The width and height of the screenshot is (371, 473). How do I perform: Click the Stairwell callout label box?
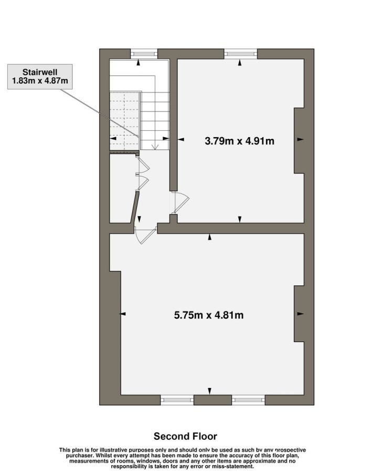[x=40, y=77]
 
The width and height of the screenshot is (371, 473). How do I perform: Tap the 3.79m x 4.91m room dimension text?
[x=239, y=141]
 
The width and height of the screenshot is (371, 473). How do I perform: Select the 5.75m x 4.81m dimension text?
[x=209, y=315]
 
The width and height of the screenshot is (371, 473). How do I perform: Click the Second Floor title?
[x=185, y=436]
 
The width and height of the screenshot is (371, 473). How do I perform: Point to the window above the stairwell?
[x=144, y=54]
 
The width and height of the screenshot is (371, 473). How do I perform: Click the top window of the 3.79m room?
[x=241, y=54]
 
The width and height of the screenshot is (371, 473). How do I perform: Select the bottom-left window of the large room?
[x=177, y=400]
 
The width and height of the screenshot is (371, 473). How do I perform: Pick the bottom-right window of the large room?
[x=248, y=400]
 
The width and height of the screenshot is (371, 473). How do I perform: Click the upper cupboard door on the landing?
[x=143, y=166]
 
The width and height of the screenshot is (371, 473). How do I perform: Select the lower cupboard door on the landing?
[x=143, y=182]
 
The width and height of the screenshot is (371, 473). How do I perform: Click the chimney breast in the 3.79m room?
[x=299, y=140]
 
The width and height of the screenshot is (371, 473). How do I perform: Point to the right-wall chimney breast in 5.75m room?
[x=299, y=314]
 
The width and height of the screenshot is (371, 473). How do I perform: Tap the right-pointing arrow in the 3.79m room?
[x=300, y=139]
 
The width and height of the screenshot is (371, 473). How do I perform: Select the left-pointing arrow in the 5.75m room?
[x=123, y=314]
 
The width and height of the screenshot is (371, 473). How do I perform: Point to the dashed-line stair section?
[x=125, y=121]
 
